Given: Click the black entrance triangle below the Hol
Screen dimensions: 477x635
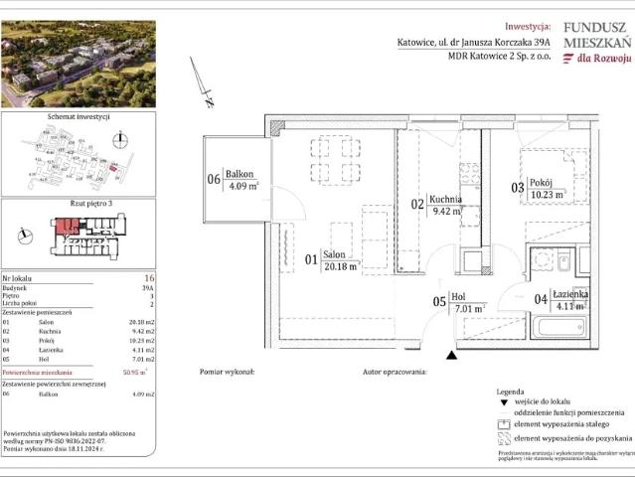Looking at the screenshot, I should coord(452,355).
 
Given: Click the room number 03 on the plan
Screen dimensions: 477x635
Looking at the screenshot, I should coord(517,187).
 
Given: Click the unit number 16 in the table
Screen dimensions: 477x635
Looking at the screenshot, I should coord(149,280).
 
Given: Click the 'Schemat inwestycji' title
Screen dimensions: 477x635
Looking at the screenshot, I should coord(78,117).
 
